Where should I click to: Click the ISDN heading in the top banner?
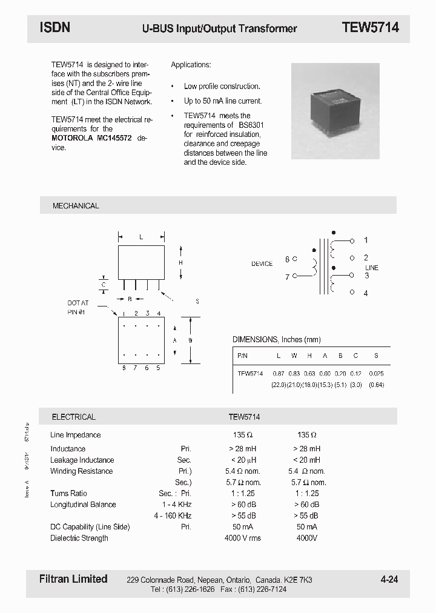pos(55,27)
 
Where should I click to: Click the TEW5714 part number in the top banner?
pos(370,27)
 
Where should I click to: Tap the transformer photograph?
pos(335,111)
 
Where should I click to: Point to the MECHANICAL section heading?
pos(76,206)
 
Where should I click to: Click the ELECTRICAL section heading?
pos(73,417)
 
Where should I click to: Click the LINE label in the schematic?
pos(371,268)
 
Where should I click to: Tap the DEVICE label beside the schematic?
pos(262,264)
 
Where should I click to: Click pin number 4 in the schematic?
pos(366,293)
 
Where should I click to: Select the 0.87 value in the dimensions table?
pos(279,374)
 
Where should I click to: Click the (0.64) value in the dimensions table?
pos(376,385)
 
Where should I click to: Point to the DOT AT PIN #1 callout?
pos(78,307)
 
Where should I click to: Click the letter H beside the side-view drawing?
pos(180,262)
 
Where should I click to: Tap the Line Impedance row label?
pos(76,435)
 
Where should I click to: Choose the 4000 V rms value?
pos(243,538)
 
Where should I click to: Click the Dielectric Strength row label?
pos(79,538)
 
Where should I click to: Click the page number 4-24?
pos(389,580)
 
